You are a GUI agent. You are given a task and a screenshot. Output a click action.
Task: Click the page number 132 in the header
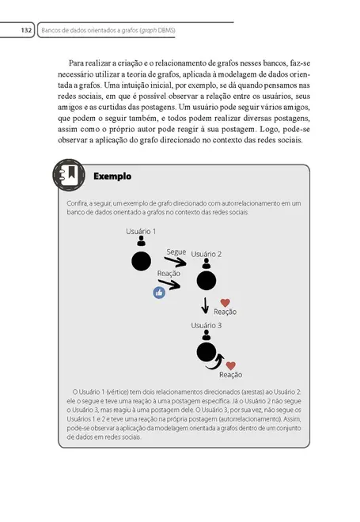(25, 31)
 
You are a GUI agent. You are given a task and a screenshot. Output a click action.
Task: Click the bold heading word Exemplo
(112, 176)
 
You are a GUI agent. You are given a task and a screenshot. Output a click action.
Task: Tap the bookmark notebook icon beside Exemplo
(70, 176)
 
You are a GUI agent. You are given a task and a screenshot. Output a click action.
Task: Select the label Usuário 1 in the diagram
(141, 231)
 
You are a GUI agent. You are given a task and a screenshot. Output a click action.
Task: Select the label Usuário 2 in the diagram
(206, 254)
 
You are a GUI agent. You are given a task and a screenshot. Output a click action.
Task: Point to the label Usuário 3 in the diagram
(206, 325)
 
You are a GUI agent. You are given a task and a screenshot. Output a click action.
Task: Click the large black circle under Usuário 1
(141, 261)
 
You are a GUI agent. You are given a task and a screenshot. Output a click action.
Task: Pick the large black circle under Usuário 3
(206, 353)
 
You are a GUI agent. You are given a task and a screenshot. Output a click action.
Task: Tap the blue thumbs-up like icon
(159, 292)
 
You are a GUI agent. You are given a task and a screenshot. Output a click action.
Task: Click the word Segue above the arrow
(176, 252)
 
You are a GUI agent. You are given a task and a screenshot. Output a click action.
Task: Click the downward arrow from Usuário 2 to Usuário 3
(206, 305)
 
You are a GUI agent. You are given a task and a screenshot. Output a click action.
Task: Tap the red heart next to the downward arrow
(225, 302)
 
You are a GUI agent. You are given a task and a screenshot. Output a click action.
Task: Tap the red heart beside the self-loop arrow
(231, 365)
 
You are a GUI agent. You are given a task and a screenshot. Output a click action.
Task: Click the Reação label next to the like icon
(169, 273)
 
